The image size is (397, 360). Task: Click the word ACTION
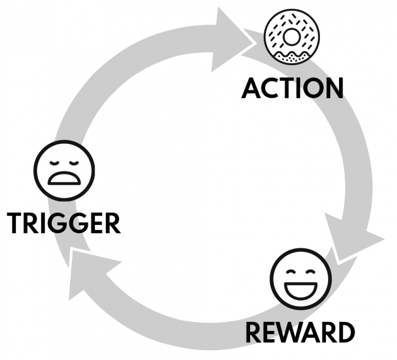(293, 88)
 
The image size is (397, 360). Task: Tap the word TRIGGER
(65, 223)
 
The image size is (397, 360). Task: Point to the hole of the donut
(292, 36)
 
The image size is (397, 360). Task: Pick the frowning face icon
(65, 171)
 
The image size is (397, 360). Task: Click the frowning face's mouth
(65, 179)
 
